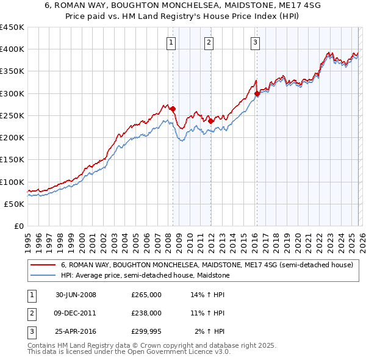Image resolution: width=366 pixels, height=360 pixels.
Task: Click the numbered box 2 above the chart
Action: click(x=209, y=42)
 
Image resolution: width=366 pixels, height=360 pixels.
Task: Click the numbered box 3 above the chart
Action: click(x=254, y=42)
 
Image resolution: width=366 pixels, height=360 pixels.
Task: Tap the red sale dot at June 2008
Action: click(x=173, y=109)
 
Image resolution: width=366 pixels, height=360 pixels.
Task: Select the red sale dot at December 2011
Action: click(x=210, y=121)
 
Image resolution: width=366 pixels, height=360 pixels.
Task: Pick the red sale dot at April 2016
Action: click(x=257, y=93)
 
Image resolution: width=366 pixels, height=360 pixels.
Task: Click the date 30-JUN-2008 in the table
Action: click(x=76, y=295)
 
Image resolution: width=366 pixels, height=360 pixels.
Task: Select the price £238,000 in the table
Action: click(x=146, y=313)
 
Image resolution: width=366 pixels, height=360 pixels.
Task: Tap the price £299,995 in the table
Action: click(x=146, y=331)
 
